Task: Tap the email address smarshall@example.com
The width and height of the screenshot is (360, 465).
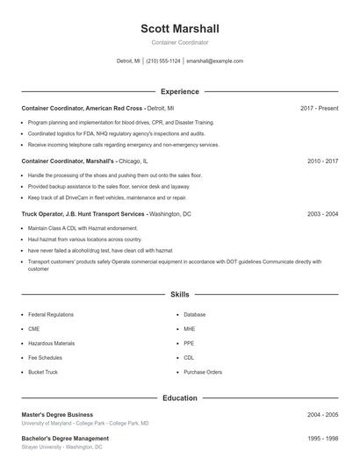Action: point(214,61)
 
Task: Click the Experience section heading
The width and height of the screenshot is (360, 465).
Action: point(180,91)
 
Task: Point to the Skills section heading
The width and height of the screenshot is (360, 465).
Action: point(180,295)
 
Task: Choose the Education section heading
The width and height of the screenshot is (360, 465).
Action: point(180,398)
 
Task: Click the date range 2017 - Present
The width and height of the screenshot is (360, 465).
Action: point(319,108)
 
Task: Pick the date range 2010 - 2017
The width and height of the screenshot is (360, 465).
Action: point(322,161)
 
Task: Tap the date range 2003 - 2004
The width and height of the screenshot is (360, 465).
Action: point(322,214)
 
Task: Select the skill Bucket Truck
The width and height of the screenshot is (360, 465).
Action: point(43,372)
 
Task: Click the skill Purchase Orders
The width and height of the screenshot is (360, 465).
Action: point(203,372)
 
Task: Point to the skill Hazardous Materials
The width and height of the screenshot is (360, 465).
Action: point(51,343)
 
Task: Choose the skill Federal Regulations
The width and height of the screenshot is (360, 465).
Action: point(51,314)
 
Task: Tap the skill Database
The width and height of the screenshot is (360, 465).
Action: point(195,314)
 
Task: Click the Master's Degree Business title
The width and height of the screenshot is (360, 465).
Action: point(57,414)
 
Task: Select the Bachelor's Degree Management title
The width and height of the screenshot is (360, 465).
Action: point(65,438)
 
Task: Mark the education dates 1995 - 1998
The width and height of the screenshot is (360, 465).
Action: point(322,438)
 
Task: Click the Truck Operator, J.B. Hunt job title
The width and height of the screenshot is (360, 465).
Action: point(83,214)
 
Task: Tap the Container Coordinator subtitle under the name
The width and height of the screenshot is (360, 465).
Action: point(180,42)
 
